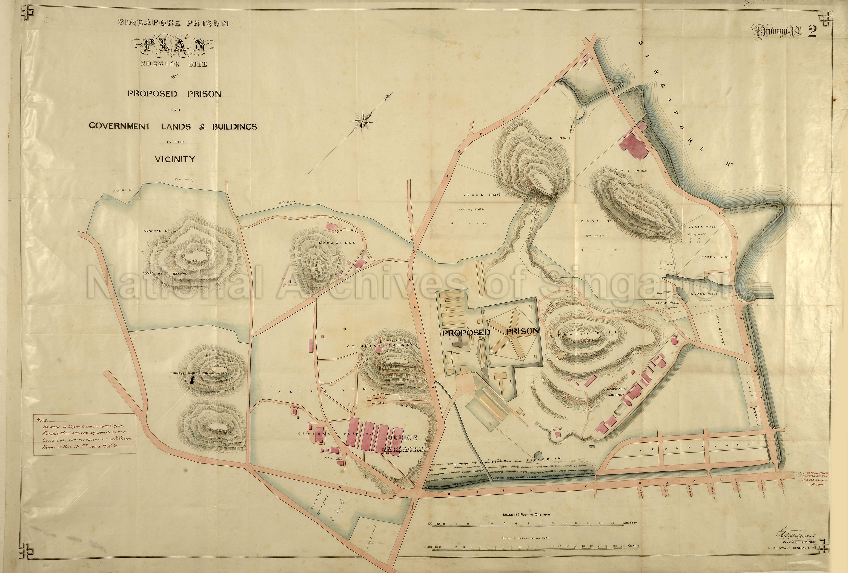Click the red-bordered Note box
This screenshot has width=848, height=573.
click(x=85, y=434)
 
